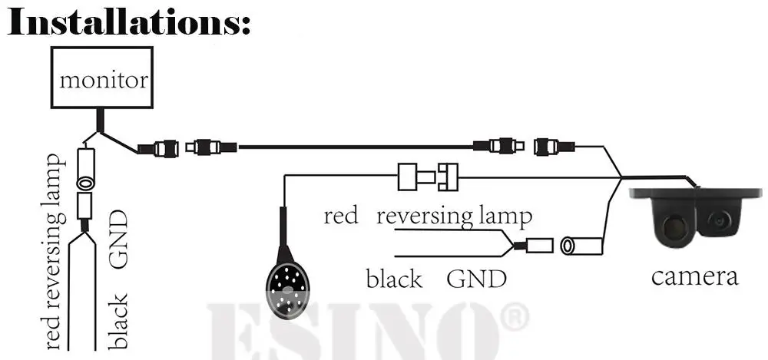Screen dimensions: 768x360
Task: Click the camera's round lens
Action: (x=721, y=219)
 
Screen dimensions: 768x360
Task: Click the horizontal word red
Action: (x=340, y=216)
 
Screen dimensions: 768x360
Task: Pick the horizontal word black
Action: (x=394, y=278)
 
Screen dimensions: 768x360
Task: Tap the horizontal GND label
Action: (x=477, y=278)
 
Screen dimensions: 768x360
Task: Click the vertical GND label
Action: (x=118, y=240)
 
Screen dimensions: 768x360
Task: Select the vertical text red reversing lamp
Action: (x=52, y=250)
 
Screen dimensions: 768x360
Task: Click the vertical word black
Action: (x=118, y=321)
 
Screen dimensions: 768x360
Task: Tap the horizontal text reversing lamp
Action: (x=454, y=216)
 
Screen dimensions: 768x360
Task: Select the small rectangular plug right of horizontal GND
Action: (x=538, y=246)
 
